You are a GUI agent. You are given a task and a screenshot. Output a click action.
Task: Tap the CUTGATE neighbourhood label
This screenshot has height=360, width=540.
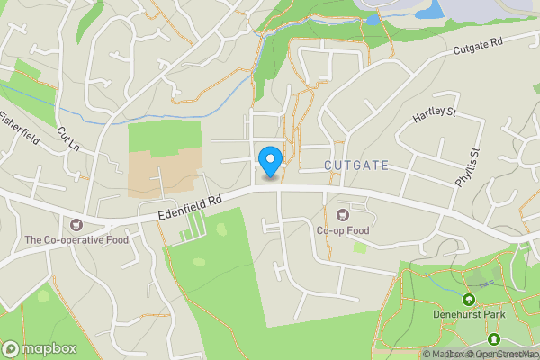pyautogui.click(x=356, y=166)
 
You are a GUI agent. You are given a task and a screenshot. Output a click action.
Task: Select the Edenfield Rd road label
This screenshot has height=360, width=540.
pyautogui.click(x=188, y=208)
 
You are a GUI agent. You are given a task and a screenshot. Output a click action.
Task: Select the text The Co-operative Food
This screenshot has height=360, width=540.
pyautogui.click(x=76, y=239)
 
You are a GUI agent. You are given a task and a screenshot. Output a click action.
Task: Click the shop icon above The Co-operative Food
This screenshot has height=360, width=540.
pyautogui.click(x=76, y=224)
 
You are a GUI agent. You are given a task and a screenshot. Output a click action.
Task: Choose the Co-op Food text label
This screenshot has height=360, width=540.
pyautogui.click(x=342, y=230)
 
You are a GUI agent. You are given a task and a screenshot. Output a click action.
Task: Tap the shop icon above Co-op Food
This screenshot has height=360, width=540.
pyautogui.click(x=342, y=214)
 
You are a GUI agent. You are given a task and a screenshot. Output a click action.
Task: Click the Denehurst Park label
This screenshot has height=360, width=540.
pyautogui.click(x=468, y=314)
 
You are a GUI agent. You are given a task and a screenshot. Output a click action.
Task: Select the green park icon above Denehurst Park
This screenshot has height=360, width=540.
pyautogui.click(x=468, y=299)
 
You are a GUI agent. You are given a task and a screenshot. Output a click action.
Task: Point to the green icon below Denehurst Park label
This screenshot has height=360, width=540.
pyautogui.click(x=493, y=338)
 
